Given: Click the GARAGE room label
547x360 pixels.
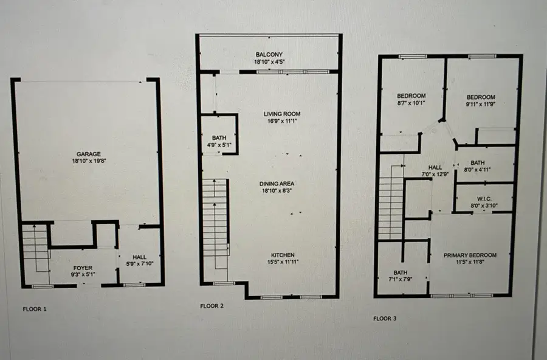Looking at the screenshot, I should (x=89, y=154).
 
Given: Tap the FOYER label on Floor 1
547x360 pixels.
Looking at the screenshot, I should (x=83, y=267).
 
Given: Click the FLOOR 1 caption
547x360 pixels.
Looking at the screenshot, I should (x=35, y=309).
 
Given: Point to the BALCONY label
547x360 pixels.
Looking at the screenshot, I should (x=269, y=54).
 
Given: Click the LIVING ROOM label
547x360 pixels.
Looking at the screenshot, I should (x=282, y=114).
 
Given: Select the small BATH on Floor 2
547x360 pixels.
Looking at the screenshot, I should (x=219, y=138).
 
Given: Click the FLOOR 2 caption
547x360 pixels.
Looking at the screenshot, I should (x=212, y=306).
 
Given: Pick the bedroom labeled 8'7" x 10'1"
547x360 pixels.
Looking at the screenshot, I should (x=411, y=96).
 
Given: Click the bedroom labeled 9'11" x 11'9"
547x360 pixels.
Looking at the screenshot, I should (x=481, y=97).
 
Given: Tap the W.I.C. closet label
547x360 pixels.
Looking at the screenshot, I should (x=484, y=198).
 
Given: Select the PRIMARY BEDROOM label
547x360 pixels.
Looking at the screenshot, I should (x=470, y=255).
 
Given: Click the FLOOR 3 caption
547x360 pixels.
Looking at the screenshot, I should (x=385, y=318).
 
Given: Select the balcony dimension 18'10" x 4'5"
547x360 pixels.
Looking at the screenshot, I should (x=269, y=61).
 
